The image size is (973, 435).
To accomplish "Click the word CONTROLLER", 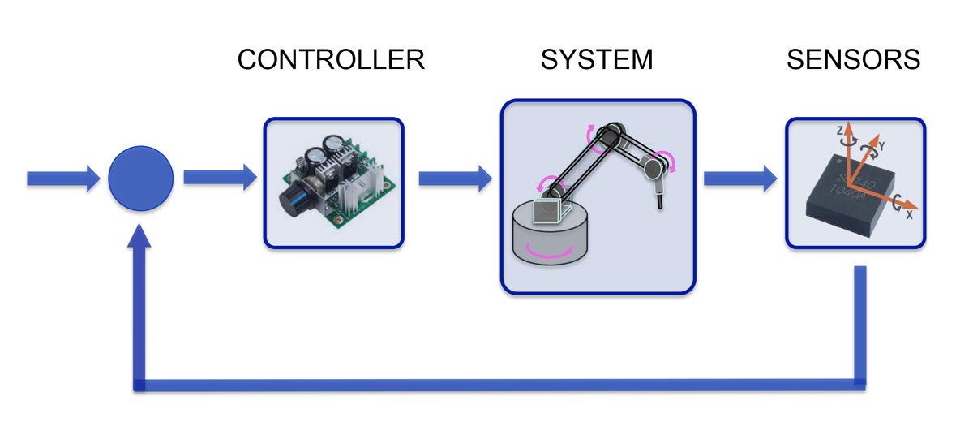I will (x=331, y=60).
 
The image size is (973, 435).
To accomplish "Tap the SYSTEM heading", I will (x=597, y=60).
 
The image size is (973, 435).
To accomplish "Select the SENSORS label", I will (x=853, y=60).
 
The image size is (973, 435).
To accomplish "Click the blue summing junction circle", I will (x=141, y=179).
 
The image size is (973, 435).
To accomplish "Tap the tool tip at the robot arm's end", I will (x=661, y=199).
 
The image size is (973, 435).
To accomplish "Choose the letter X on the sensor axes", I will (x=908, y=216).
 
